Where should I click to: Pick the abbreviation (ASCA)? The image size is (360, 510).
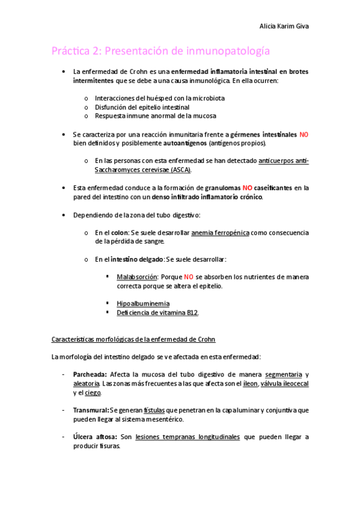click(x=180, y=170)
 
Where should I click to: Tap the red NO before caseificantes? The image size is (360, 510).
click(x=248, y=188)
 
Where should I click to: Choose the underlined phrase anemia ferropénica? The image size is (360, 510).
click(x=221, y=232)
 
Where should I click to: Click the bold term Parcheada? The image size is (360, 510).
click(x=90, y=374)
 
